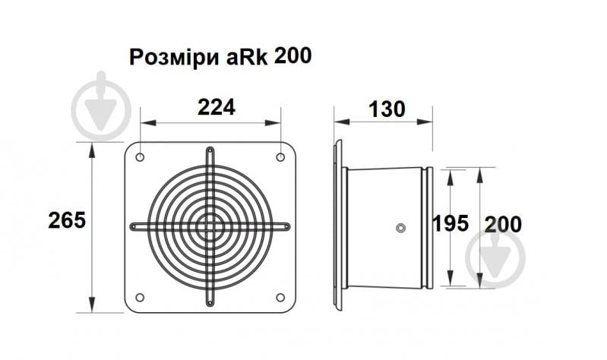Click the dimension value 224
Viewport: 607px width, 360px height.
[217, 107]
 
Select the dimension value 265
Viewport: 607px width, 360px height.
[66, 220]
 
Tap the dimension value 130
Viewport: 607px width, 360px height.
[387, 109]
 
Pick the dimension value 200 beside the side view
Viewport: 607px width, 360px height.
[502, 224]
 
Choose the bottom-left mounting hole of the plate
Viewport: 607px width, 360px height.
[140, 297]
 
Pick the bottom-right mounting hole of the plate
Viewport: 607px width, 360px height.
[280, 297]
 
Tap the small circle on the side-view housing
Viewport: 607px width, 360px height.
[400, 227]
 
